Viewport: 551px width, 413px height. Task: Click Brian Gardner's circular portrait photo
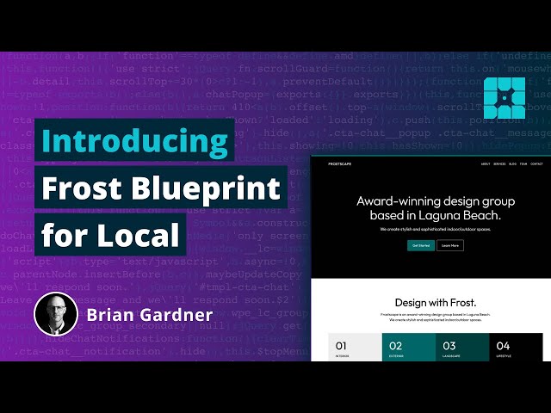(x=56, y=314)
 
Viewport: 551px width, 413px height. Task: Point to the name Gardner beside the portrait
(x=177, y=315)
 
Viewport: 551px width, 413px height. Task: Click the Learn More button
(x=450, y=245)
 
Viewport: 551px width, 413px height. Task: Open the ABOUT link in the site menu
(x=486, y=163)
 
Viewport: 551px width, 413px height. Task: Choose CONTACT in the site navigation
(x=536, y=163)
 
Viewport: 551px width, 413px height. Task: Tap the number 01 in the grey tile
(x=343, y=346)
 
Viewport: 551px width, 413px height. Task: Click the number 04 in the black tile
(x=503, y=346)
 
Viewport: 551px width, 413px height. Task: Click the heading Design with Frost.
(x=435, y=303)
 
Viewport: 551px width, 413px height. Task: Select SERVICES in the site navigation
(x=499, y=163)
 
